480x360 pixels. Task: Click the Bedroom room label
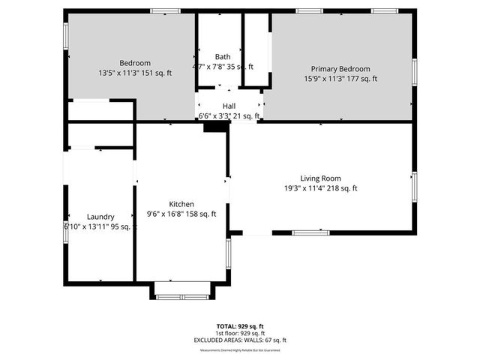[x=135, y=62]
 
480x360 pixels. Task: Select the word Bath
[x=223, y=56]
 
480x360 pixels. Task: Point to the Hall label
[x=229, y=106]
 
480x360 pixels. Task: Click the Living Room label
[x=320, y=178]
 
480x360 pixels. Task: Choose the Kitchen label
[x=181, y=204]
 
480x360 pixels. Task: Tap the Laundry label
[x=100, y=216]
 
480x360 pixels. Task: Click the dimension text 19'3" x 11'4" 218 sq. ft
[x=320, y=188]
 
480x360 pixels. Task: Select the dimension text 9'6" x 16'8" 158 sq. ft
[x=181, y=214]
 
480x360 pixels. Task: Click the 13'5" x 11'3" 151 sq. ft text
[x=135, y=73]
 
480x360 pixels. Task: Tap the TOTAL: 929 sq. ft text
[x=240, y=326]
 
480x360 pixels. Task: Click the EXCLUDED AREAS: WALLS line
[x=240, y=340]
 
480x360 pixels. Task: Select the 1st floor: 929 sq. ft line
[x=240, y=333]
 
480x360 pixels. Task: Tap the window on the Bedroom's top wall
[x=165, y=11]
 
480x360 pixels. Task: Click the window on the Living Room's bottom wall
[x=310, y=232]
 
